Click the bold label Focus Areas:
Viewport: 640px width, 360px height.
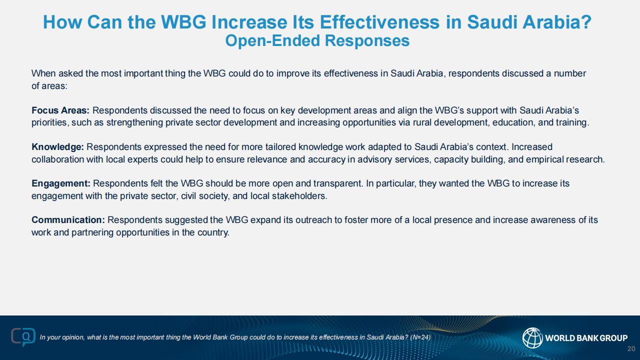coord(60,110)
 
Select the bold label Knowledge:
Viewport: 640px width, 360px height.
coord(57,147)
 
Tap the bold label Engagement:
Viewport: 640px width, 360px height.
coord(61,183)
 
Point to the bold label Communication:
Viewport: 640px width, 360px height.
coord(68,220)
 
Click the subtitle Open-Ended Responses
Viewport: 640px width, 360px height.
coord(317,40)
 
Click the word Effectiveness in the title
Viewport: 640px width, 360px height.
coord(379,22)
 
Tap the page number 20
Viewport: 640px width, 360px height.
coord(631,348)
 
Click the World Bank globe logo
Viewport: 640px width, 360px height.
coord(532,338)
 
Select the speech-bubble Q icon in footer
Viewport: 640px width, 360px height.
coord(23,337)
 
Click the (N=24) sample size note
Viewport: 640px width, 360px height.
coord(420,337)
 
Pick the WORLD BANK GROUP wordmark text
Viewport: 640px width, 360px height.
coord(586,338)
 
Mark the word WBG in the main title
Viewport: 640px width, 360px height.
coord(183,22)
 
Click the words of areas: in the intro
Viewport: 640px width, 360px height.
coord(49,86)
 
